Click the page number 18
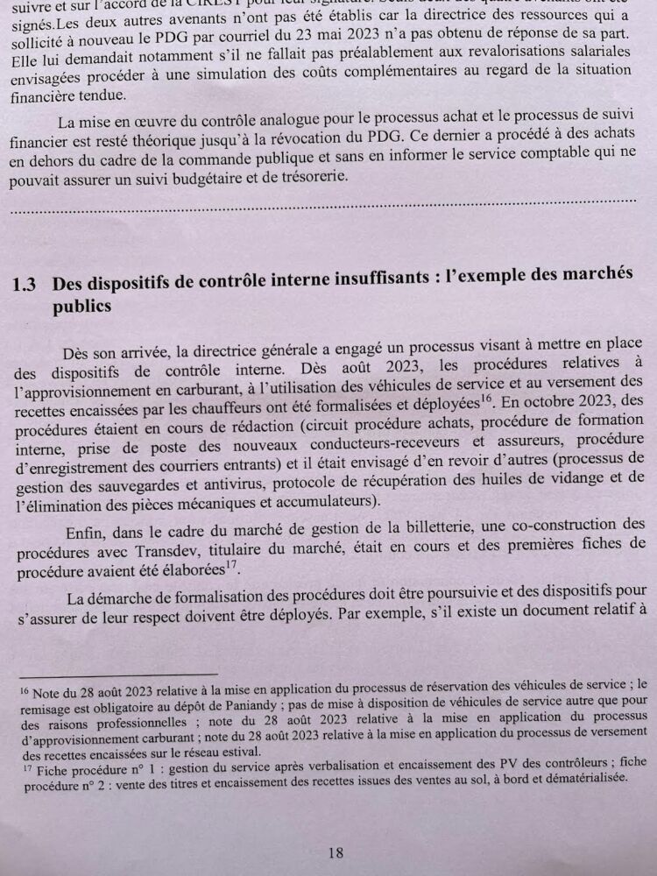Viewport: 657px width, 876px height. pos(335,851)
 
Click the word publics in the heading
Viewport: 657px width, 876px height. pos(82,307)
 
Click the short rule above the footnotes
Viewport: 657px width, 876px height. pos(117,675)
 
